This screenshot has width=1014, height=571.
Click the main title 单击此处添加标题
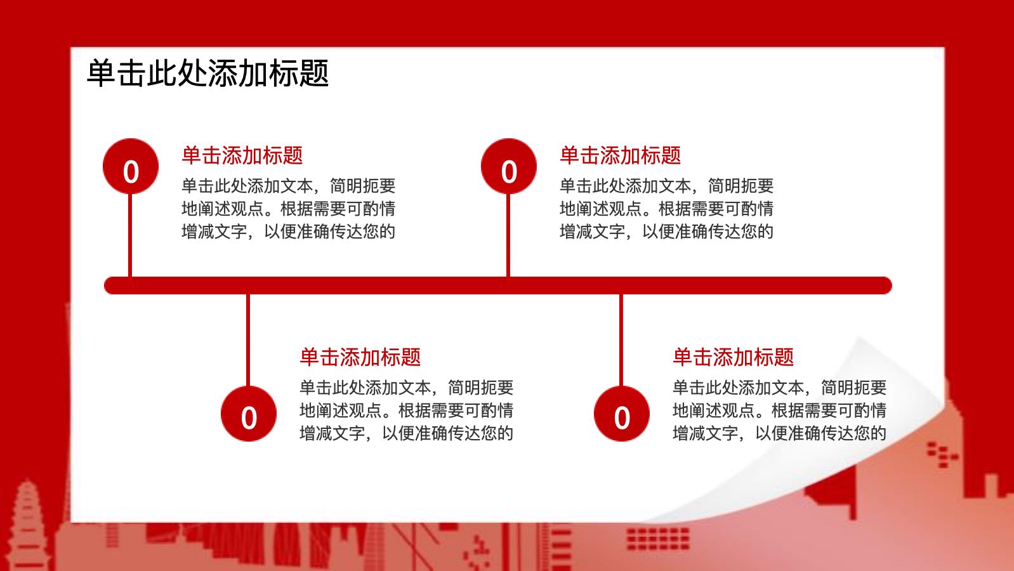coord(207,73)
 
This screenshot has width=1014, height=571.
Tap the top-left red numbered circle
coord(131,166)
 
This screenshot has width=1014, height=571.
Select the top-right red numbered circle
coord(509,166)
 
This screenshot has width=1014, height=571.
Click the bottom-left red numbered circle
coord(249,414)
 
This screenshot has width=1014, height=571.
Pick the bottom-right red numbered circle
coord(621,414)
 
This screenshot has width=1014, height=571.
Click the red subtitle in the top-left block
coord(242,155)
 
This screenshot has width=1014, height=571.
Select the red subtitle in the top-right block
coord(620,155)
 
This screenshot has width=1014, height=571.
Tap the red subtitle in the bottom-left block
coord(360,357)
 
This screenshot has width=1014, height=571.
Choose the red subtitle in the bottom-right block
coord(734,357)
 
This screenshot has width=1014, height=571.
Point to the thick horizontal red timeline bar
coord(498,285)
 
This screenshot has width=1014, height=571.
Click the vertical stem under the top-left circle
coord(130,235)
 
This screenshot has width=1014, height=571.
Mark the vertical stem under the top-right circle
coord(508,235)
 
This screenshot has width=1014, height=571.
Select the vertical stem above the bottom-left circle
coord(248,340)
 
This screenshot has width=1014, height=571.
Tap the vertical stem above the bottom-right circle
coord(621,340)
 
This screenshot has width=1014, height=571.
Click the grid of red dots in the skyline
coord(658,539)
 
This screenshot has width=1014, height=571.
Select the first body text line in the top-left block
coord(288,186)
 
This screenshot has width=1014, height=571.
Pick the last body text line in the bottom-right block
coord(779,433)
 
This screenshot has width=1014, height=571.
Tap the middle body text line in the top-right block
coord(666,209)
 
